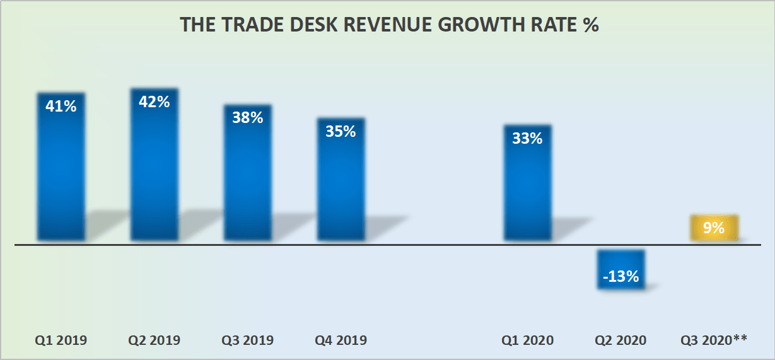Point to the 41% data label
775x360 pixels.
coord(61,107)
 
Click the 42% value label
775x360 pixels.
coord(154,102)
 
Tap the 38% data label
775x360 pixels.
coord(247,117)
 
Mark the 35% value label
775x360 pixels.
coord(341,132)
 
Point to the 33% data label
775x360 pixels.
coord(527,139)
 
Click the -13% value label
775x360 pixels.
coord(621,276)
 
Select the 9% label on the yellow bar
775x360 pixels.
coord(714,228)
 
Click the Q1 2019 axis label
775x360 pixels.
coord(61,340)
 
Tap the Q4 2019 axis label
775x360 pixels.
coord(341,340)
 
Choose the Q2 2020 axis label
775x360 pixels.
coord(621,340)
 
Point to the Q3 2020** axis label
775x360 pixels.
coord(714,340)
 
